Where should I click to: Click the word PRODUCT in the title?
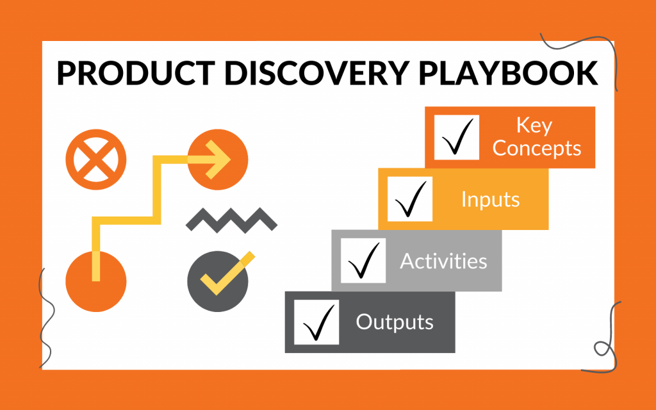click(136, 73)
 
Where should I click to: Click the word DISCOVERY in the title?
click(316, 73)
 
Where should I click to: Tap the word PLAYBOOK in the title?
click(508, 73)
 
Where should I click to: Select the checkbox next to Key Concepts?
click(456, 137)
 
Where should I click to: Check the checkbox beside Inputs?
click(410, 199)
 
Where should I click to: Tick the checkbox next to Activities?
click(363, 261)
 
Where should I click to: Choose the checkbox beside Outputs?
click(316, 322)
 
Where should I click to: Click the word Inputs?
click(490, 200)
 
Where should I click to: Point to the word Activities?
click(443, 261)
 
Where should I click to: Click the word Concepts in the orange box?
click(537, 149)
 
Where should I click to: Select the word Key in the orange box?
click(534, 126)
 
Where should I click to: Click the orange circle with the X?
click(96, 160)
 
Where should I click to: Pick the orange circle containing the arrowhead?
click(218, 160)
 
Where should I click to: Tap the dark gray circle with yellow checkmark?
click(218, 281)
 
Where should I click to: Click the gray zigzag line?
click(231, 220)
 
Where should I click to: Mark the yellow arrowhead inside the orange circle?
click(218, 160)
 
